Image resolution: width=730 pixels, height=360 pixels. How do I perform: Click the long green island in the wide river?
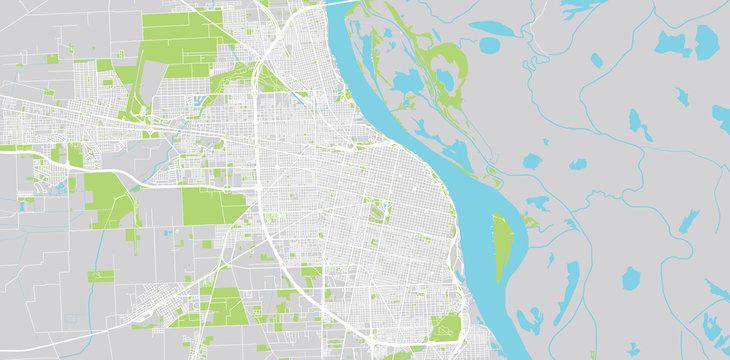point(501,246)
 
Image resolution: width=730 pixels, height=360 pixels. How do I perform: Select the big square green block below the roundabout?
point(213,208)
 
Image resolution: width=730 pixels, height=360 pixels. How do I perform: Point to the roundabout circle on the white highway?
point(229,188)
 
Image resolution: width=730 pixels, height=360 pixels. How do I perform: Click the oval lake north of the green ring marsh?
point(491,45)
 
